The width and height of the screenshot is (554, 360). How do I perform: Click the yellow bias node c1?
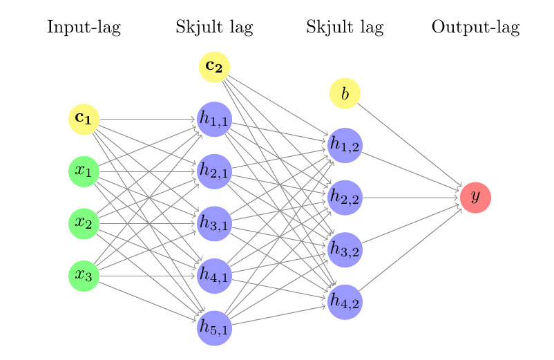pos(84,119)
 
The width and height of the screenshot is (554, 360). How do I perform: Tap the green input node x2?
pos(84,223)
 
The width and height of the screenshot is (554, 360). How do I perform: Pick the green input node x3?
pos(84,276)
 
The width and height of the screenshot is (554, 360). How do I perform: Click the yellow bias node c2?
pos(214,67)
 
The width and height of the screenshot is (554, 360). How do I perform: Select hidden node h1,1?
pos(214,119)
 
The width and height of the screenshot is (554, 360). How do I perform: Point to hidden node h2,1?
pos(214,171)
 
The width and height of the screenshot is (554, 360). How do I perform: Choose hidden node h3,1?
pos(214,223)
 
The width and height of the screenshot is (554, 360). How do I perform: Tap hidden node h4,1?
pos(214,276)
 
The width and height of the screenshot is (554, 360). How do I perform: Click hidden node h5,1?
pos(214,328)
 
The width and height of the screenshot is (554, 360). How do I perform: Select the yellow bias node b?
pos(345,93)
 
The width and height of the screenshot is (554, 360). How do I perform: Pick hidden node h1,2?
pos(345,145)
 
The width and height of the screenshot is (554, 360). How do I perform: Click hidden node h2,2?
pos(345,198)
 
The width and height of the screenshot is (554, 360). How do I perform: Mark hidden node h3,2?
pos(345,249)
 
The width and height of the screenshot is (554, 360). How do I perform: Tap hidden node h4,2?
pos(345,302)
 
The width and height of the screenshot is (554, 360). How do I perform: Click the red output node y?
pos(475,197)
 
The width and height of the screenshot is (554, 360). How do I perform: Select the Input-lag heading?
pos(84,28)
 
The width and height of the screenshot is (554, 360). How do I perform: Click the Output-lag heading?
pos(475,28)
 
